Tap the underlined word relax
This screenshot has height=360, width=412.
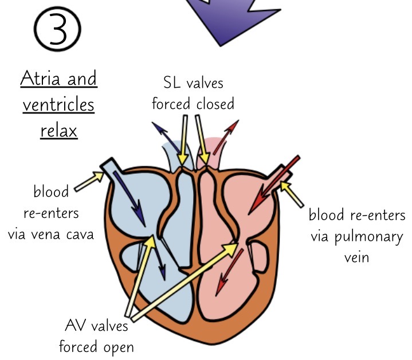pos(58,131)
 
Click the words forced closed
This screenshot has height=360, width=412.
pos(193,104)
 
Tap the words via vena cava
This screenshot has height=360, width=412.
pos(51,234)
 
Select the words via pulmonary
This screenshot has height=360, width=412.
pos(356,237)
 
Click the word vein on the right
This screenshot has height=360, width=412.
pos(357,257)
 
